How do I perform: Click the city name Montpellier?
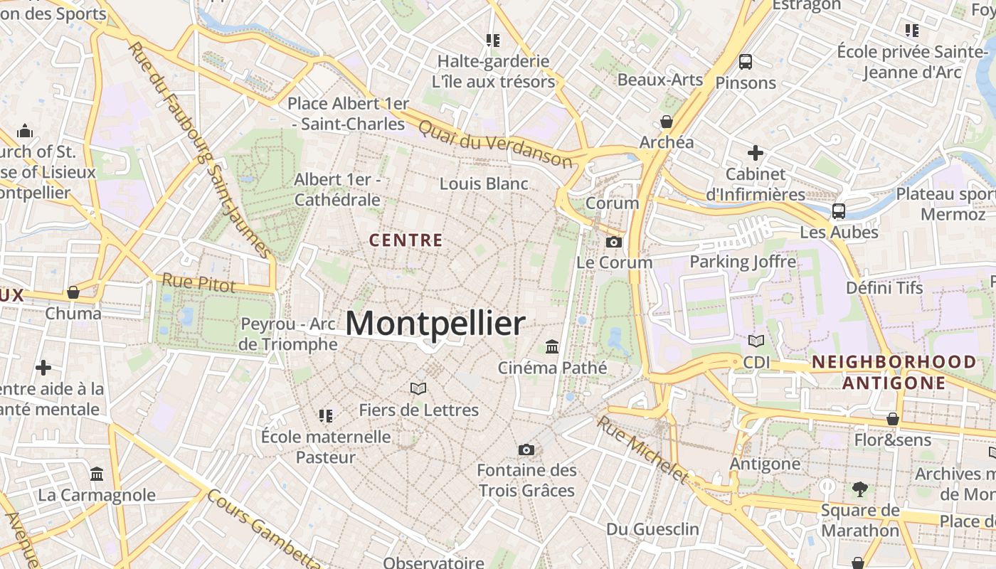coord(435,324)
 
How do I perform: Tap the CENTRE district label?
coord(406,240)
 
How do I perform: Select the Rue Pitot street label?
coord(198,282)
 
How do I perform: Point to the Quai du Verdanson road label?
coord(495,144)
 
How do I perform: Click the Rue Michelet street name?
coord(643,450)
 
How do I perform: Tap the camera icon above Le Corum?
coord(614,243)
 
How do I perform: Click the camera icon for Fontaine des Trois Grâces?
coord(526,450)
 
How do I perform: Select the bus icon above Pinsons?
coord(746,62)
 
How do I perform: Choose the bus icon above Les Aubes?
coord(839,211)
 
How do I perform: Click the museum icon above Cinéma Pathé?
coord(552,347)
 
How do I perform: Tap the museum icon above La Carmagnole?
coord(97,474)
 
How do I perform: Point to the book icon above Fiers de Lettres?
coord(418,388)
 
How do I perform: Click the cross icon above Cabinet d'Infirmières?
coord(756,153)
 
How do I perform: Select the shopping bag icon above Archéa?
coord(667,122)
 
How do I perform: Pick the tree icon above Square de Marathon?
coord(860,489)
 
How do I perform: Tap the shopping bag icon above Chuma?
coord(73,292)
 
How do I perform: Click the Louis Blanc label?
coord(484,184)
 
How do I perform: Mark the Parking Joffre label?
coord(743,262)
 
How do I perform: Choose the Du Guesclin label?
coord(652,529)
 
